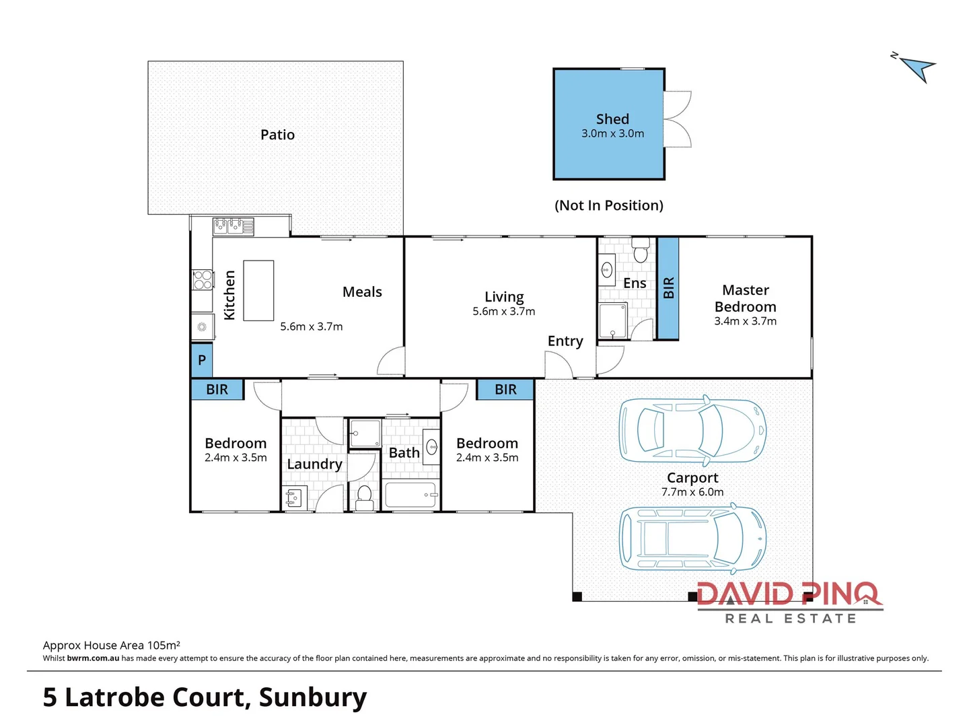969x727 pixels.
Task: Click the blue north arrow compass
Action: [x=917, y=68]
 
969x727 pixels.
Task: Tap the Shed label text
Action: [x=612, y=119]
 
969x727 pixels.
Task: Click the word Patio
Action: [x=277, y=135]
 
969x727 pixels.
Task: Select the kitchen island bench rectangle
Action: [x=258, y=290]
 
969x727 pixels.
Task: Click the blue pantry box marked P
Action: [x=202, y=360]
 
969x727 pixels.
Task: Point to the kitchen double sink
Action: [x=233, y=226]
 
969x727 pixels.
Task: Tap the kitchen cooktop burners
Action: [x=203, y=280]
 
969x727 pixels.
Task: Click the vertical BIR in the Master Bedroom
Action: [x=668, y=288]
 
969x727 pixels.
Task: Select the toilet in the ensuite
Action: [x=641, y=252]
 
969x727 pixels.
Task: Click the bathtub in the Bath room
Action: [x=410, y=495]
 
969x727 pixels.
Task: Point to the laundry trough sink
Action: [x=293, y=498]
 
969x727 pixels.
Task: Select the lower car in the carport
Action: [x=692, y=538]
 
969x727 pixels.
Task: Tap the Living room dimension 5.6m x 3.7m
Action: [x=503, y=312]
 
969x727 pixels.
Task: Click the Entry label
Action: [x=565, y=341]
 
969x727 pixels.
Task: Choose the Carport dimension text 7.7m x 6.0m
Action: [x=692, y=492]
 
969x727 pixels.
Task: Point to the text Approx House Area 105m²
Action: [x=112, y=645]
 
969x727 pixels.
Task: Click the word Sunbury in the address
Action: [x=313, y=697]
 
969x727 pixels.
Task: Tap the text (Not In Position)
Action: [x=609, y=205]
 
